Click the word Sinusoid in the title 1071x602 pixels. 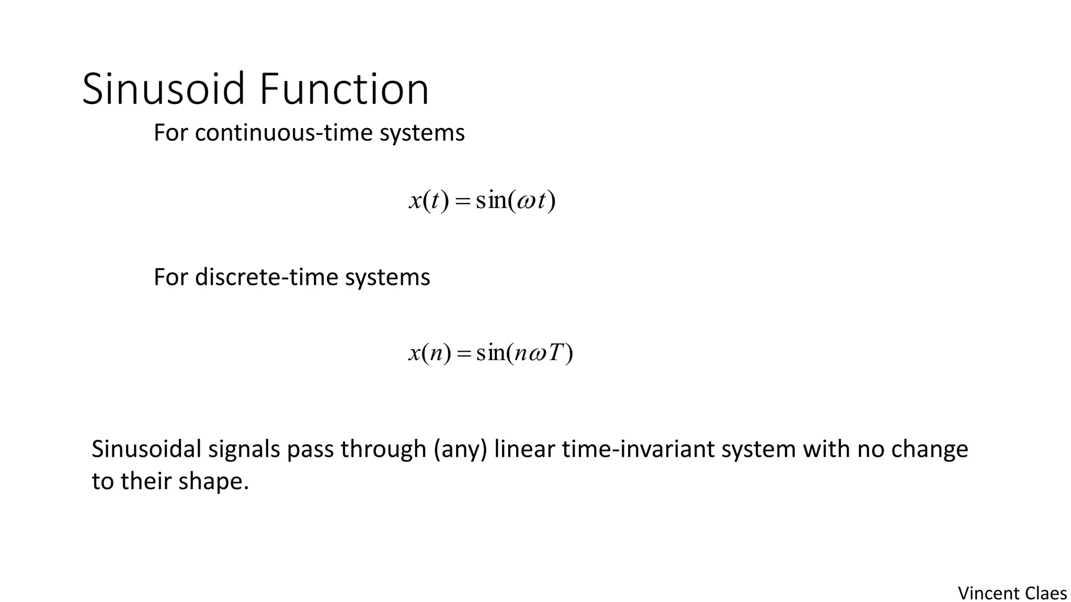click(163, 89)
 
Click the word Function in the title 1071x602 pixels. click(344, 89)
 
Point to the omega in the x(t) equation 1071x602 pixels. click(526, 201)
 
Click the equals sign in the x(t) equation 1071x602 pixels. click(462, 202)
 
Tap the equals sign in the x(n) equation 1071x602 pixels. click(463, 354)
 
